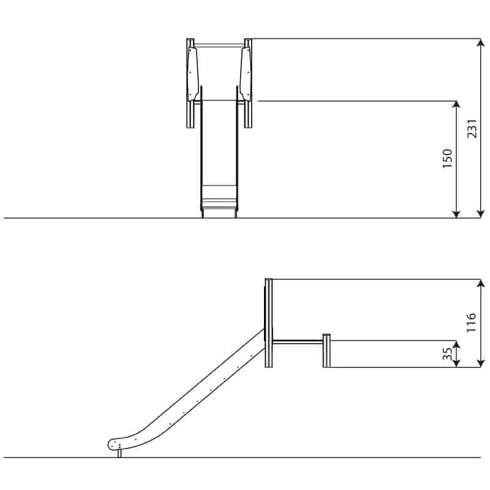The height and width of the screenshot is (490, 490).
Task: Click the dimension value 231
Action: pyautogui.click(x=472, y=129)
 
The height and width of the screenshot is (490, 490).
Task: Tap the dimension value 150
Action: pyautogui.click(x=448, y=159)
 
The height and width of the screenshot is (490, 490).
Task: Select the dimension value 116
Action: pyautogui.click(x=471, y=322)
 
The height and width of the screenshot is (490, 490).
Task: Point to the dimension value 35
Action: pyautogui.click(x=448, y=354)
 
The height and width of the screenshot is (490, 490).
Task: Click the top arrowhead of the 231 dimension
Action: pyautogui.click(x=481, y=43)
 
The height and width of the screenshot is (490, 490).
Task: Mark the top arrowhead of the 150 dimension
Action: pyautogui.click(x=456, y=105)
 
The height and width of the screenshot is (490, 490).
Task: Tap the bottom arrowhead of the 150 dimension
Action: pyautogui.click(x=456, y=213)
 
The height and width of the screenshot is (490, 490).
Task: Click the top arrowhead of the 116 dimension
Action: pyautogui.click(x=481, y=284)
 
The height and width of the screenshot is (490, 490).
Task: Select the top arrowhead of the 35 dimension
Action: pyautogui.click(x=456, y=345)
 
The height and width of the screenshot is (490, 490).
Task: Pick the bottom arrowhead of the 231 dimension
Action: pyautogui.click(x=481, y=213)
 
